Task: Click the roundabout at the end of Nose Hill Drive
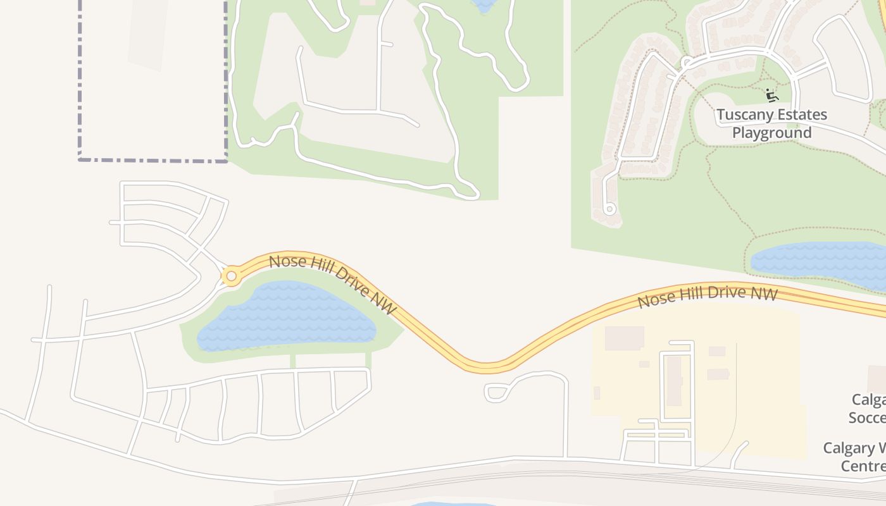coord(231,276)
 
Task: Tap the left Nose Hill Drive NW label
coord(333,284)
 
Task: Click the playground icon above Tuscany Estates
coord(771,96)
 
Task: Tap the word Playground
coord(771,133)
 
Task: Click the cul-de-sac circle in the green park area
coord(609,208)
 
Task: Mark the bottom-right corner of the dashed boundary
coord(226,160)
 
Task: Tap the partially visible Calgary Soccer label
coord(868,409)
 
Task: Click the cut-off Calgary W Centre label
coord(855,457)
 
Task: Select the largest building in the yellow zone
coord(624,338)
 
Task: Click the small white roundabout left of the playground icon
coord(686,62)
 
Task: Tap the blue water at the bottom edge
coord(452,504)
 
